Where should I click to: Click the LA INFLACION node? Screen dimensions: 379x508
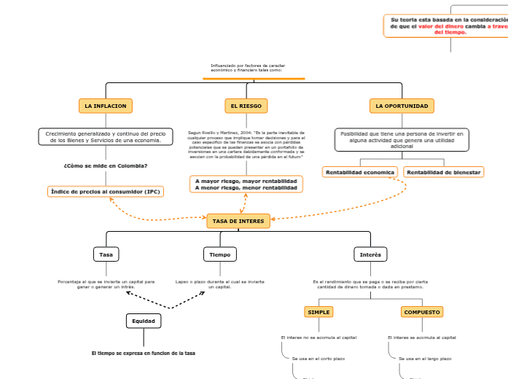105,106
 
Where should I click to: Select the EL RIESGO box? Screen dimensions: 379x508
246,106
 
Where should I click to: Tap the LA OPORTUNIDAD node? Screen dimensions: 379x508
402,106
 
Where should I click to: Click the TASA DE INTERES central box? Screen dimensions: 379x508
238,220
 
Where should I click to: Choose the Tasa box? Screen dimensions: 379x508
106,254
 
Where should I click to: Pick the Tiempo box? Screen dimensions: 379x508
219,254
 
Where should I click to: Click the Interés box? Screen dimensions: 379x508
370,254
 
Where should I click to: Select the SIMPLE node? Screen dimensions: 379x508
319,312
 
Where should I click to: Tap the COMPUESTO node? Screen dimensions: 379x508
422,312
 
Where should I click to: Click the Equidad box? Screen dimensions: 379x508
143,321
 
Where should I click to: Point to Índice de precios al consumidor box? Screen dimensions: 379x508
105,192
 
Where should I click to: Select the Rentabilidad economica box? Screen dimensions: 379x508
360,172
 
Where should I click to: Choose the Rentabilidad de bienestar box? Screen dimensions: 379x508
443,172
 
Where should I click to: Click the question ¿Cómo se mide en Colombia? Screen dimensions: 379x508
105,165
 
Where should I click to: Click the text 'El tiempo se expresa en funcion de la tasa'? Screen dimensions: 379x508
143,353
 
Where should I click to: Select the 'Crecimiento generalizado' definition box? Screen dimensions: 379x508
105,137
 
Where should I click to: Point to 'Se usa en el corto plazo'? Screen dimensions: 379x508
318,359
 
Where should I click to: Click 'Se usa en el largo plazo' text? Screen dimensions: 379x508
425,359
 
